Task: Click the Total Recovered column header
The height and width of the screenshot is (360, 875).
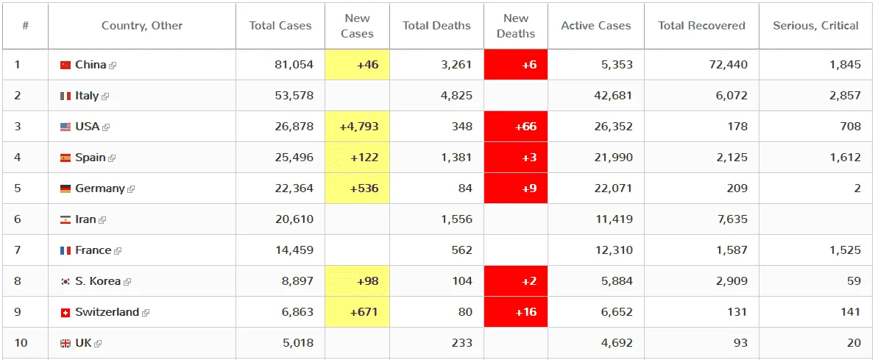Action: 701,26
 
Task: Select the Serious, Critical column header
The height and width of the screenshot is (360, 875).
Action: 816,26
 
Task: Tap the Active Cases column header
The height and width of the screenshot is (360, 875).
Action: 596,26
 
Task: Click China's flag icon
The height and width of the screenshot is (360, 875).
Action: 65,65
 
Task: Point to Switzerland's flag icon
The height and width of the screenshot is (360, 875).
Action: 65,313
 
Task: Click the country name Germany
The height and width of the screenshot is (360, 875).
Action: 100,188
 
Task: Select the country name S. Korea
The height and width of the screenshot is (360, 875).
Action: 98,281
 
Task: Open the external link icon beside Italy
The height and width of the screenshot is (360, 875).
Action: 105,96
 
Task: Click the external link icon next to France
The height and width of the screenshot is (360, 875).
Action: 118,251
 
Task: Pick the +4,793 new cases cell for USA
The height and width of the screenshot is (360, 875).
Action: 357,127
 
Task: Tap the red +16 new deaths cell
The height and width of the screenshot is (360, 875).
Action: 516,312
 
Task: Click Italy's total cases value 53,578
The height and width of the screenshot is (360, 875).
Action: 294,96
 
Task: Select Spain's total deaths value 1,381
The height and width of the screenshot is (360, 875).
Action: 456,158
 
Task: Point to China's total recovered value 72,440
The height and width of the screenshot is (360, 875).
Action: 729,65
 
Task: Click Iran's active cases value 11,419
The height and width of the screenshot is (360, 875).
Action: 613,219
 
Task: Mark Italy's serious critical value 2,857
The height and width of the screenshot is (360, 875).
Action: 845,96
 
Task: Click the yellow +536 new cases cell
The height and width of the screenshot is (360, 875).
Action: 357,188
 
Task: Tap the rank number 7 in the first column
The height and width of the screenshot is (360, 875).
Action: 18,250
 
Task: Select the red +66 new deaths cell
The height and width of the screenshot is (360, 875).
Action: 516,127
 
